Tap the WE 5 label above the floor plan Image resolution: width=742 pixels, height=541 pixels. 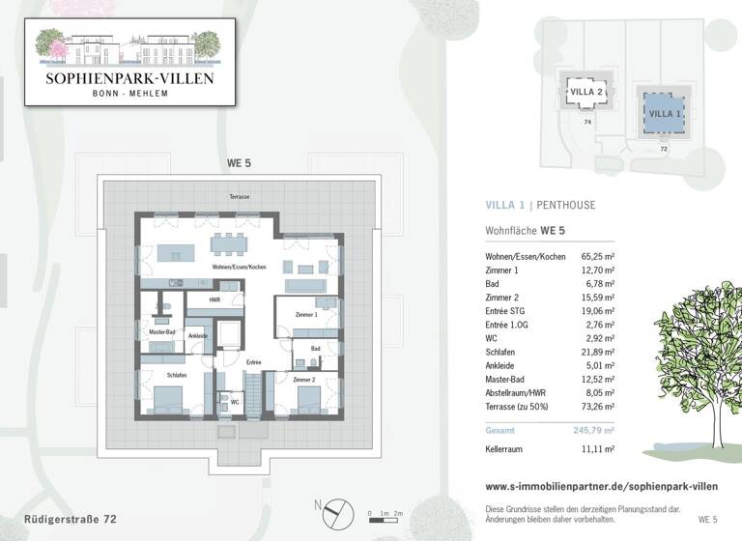point(239,164)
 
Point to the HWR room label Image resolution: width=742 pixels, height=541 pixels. point(215,300)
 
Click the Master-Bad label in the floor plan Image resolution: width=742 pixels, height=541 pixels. point(161,332)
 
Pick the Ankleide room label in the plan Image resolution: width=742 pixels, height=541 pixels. point(197,336)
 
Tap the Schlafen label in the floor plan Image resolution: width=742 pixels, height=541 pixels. point(176,374)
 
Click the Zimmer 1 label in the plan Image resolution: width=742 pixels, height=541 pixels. point(306,316)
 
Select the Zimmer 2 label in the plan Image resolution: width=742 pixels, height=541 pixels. point(304,380)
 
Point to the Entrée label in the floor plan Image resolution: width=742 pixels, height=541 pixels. point(253,362)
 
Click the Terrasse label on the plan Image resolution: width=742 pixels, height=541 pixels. point(239,196)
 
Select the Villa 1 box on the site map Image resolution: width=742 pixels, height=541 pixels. point(663,114)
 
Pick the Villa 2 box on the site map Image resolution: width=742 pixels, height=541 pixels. point(587,93)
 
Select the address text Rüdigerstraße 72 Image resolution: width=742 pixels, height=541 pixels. point(71,519)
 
